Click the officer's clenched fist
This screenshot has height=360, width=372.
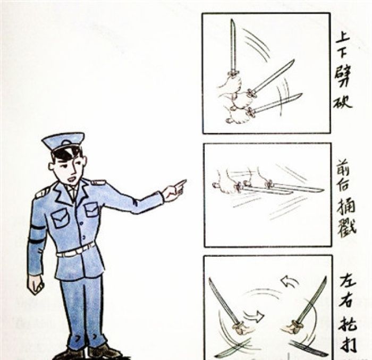(x=35, y=284)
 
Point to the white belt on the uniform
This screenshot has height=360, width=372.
(x=75, y=250)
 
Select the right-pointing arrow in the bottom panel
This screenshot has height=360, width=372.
(x=256, y=317)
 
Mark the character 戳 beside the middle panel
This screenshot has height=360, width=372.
(x=345, y=225)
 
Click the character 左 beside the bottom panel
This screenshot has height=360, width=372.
(x=346, y=281)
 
